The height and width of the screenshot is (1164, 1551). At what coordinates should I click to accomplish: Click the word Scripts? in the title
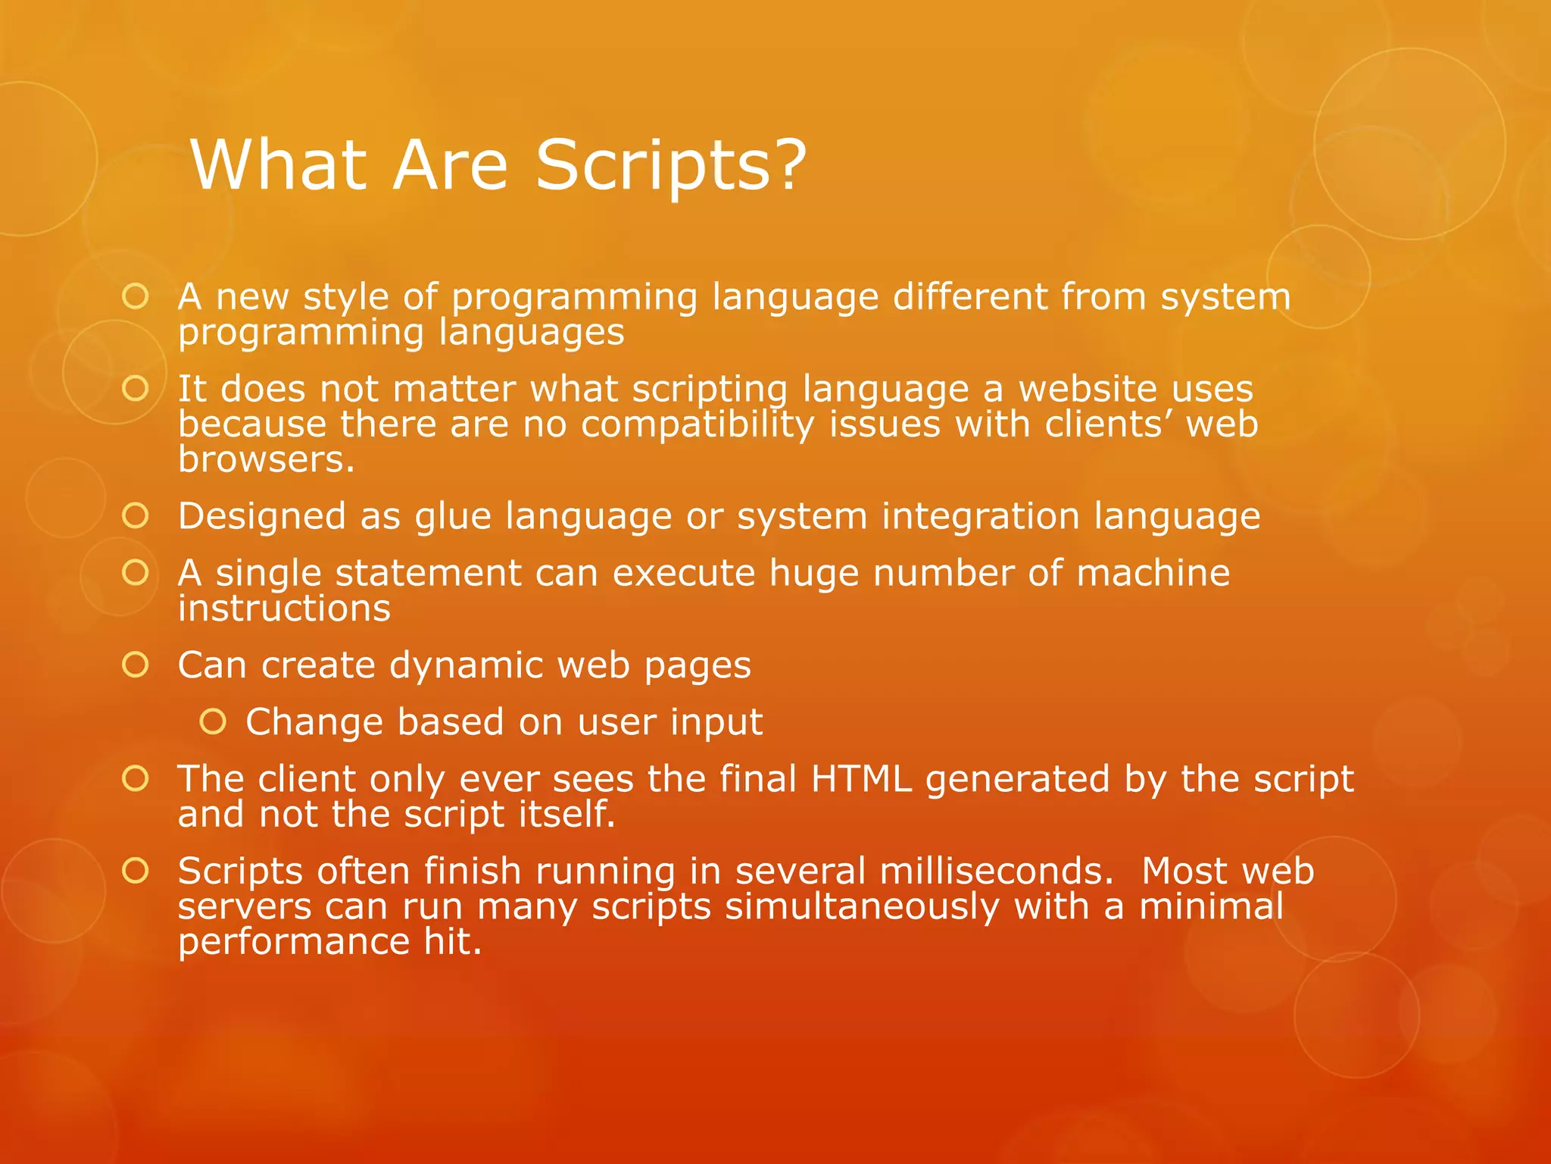[x=671, y=165]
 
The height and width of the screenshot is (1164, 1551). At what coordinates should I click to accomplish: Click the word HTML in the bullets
[x=861, y=779]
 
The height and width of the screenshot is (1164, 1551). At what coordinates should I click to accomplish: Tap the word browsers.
[x=266, y=459]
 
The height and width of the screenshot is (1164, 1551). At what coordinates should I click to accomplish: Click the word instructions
[x=284, y=609]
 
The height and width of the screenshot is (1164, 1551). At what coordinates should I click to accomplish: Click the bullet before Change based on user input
[x=213, y=722]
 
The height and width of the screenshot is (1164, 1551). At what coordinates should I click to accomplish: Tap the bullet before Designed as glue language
[x=136, y=516]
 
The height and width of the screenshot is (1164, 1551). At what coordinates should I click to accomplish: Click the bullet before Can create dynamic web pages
[x=136, y=665]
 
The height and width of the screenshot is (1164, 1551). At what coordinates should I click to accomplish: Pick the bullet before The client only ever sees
[x=136, y=778]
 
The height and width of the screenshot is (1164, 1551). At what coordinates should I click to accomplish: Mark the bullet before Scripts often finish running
[x=136, y=871]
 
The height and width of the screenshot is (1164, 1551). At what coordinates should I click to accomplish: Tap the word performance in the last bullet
[x=294, y=942]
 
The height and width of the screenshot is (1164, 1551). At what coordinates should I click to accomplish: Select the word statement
[x=429, y=573]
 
